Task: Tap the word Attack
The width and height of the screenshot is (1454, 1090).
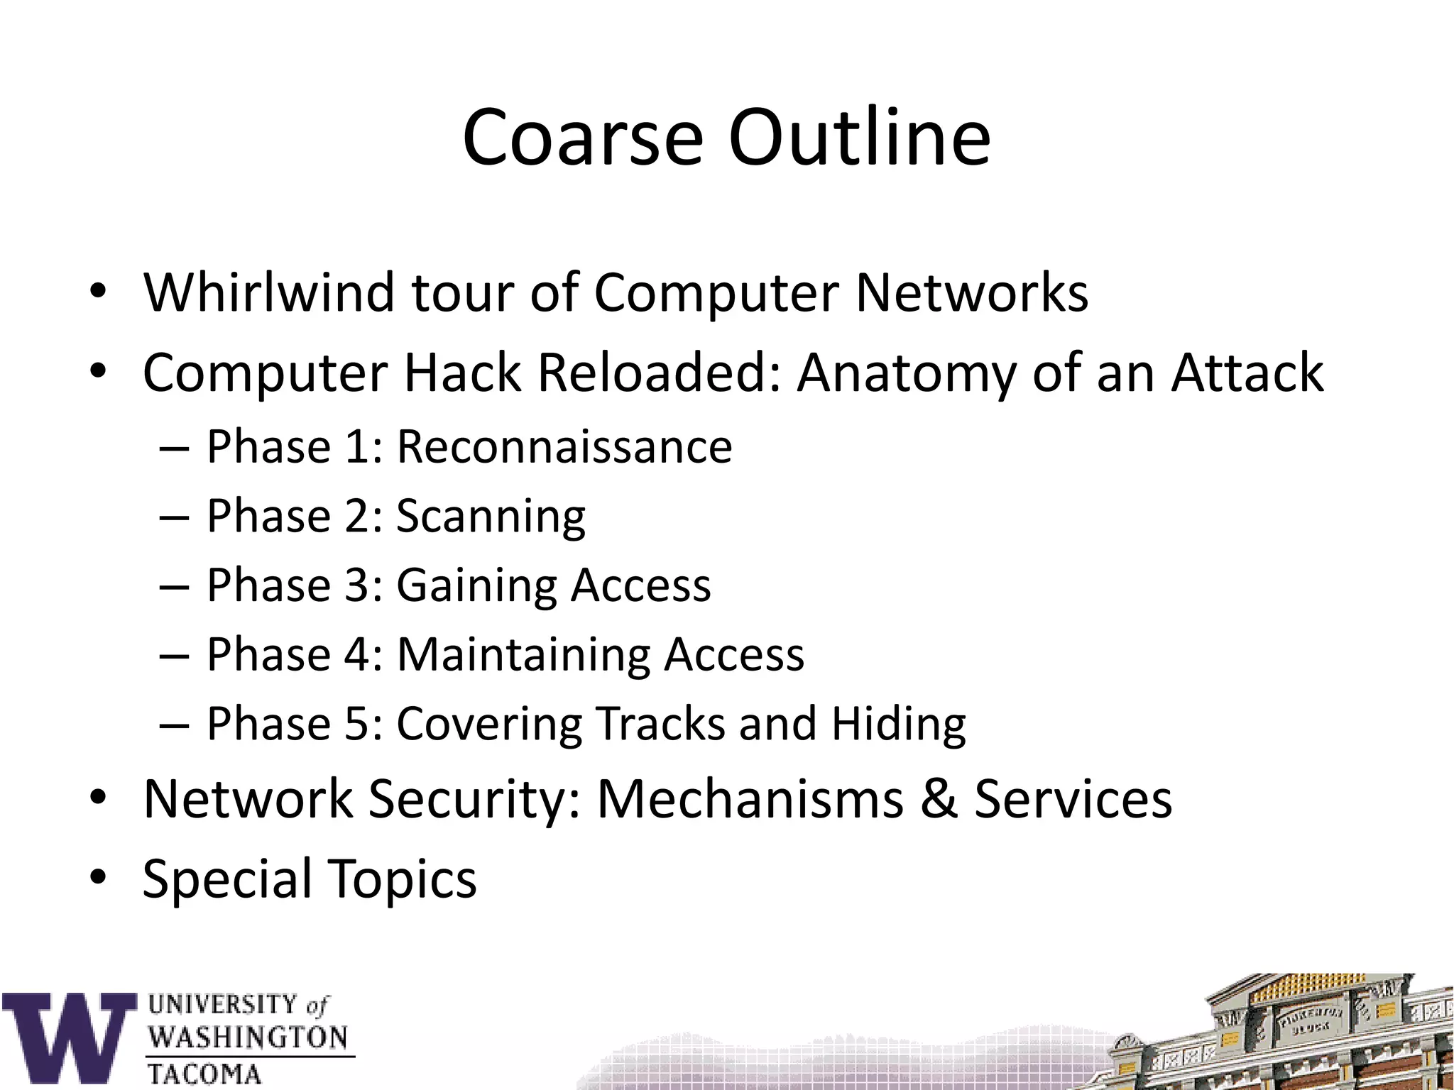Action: [1247, 373]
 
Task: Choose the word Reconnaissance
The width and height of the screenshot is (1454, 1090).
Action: [564, 447]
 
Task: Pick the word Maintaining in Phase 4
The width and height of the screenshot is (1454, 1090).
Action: [523, 654]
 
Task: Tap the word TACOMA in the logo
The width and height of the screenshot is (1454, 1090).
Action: [204, 1074]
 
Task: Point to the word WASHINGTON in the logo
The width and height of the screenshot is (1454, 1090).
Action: [248, 1037]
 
